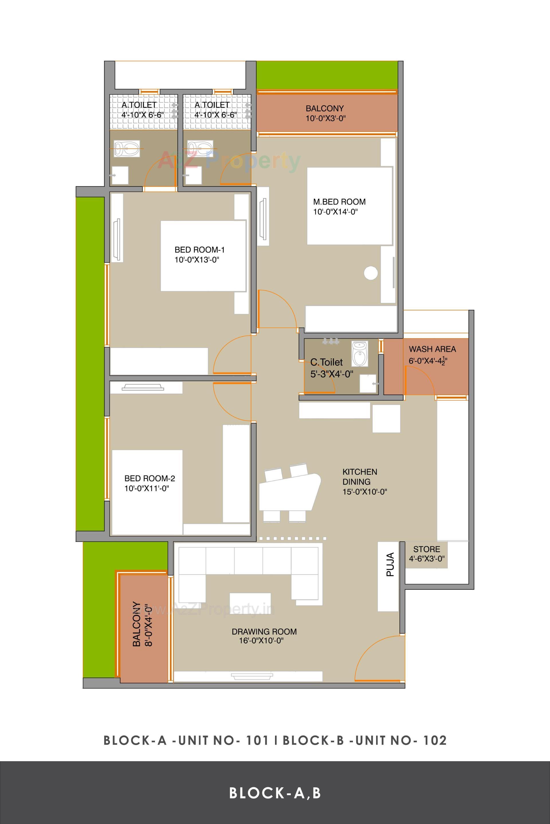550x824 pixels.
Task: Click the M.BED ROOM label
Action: (339, 202)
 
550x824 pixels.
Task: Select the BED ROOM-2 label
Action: (150, 479)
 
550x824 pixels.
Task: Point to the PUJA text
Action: (390, 564)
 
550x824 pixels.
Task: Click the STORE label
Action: (426, 549)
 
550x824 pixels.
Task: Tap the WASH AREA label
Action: (432, 349)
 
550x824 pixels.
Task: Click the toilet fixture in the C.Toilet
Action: (359, 354)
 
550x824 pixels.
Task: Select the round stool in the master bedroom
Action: (370, 273)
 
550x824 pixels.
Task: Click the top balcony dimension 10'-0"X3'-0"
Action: (325, 118)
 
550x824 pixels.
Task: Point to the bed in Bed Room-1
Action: (203, 256)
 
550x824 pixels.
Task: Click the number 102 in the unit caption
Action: (435, 740)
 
